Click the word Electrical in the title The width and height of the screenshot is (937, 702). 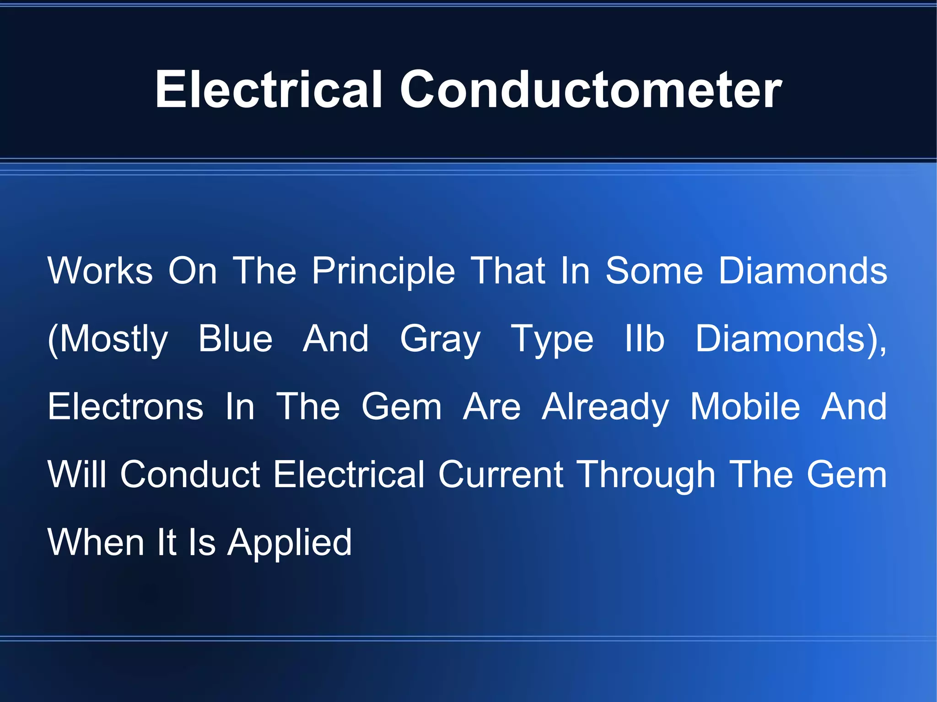click(269, 90)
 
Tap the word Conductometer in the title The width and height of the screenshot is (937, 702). click(591, 90)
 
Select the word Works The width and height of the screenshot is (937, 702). click(100, 271)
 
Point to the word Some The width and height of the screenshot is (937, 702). click(654, 271)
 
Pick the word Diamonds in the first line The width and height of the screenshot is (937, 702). click(802, 271)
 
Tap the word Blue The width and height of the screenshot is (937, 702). click(235, 338)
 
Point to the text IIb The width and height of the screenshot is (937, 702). click(644, 338)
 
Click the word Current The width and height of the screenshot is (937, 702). click(501, 474)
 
